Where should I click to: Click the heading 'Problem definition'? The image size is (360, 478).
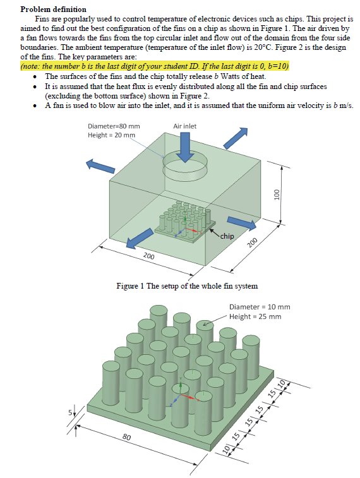click(x=53, y=9)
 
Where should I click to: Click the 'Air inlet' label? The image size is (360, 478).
click(x=184, y=126)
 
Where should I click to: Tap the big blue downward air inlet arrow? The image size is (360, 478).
click(x=185, y=148)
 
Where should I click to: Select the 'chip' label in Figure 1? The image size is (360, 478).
click(x=227, y=236)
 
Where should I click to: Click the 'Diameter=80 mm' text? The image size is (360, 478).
click(x=114, y=126)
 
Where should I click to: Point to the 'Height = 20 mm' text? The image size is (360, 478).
click(x=111, y=134)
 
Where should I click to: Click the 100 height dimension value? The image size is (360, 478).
click(x=277, y=194)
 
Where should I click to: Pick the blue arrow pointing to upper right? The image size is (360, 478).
click(x=235, y=137)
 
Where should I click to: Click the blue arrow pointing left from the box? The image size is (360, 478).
click(x=100, y=165)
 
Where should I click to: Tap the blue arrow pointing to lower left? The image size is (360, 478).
click(x=140, y=239)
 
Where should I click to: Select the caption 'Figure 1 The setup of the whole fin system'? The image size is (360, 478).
click(x=187, y=286)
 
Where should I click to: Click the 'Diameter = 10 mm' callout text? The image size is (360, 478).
click(x=260, y=307)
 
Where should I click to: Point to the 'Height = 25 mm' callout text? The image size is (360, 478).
click(x=255, y=316)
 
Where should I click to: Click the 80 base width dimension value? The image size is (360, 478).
click(x=126, y=437)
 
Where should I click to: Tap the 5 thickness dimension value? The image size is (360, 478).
click(x=70, y=413)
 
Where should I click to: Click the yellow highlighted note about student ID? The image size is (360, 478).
click(x=155, y=66)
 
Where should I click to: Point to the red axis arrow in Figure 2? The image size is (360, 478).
click(x=188, y=397)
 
